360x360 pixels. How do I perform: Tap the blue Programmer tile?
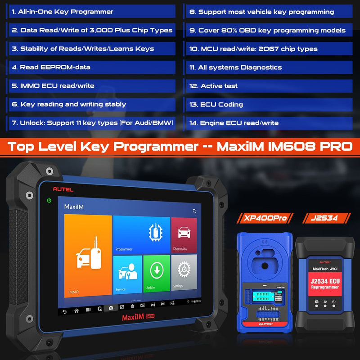[x=141, y=235]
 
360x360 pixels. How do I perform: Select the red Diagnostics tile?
[x=184, y=234]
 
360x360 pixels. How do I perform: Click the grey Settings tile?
[x=184, y=273]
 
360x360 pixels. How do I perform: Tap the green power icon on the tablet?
[x=49, y=200]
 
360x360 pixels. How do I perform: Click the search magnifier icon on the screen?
[x=194, y=211]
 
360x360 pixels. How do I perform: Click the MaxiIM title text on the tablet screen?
[x=74, y=207]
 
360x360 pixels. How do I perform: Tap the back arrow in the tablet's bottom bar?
[x=64, y=311]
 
